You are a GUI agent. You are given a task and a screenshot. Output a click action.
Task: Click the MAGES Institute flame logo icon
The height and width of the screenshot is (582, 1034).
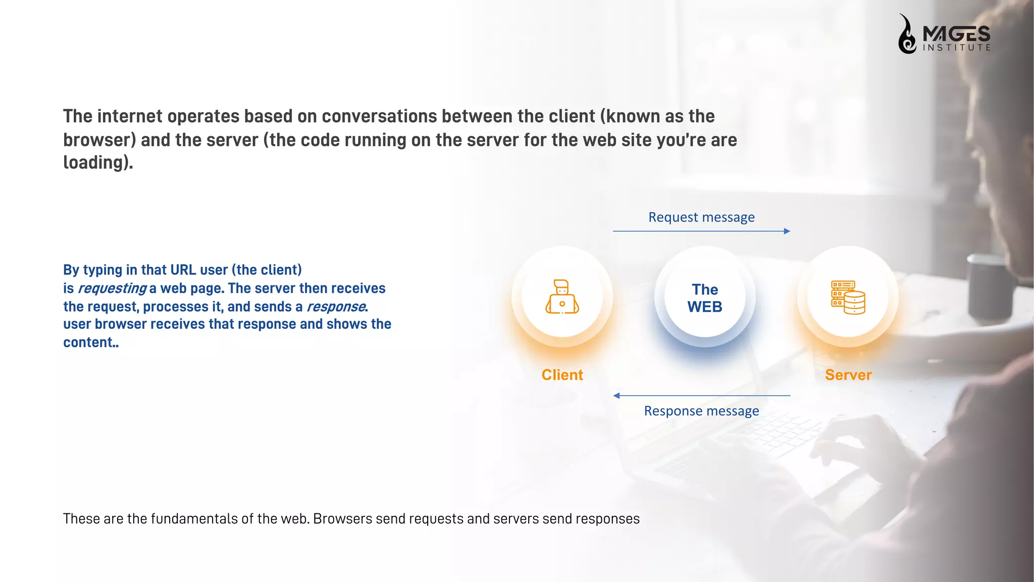point(907,34)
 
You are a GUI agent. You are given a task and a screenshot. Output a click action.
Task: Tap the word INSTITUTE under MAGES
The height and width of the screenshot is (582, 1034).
point(956,48)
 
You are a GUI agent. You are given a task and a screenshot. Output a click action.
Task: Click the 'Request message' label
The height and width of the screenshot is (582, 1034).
point(701,217)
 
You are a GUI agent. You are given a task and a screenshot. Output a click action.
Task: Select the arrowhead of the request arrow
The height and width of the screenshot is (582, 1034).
point(787,231)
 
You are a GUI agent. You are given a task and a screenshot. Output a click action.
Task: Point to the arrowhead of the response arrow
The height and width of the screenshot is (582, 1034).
point(616,396)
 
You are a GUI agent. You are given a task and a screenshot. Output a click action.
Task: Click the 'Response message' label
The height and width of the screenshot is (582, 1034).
point(701,411)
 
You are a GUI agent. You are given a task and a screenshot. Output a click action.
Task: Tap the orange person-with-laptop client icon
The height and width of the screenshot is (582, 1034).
point(562,297)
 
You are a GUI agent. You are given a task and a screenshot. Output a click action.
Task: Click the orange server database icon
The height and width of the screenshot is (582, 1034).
point(848,298)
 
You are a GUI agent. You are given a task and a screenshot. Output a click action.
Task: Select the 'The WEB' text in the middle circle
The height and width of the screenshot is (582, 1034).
point(705,298)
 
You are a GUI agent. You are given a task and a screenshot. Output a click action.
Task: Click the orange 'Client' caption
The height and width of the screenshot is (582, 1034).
point(562,375)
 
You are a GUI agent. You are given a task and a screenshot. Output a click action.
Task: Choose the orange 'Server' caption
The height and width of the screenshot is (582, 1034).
point(848,375)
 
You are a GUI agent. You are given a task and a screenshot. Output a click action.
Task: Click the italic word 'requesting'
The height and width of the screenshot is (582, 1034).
point(112,288)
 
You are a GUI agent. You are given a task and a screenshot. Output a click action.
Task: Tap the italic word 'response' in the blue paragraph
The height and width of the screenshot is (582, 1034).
point(336,307)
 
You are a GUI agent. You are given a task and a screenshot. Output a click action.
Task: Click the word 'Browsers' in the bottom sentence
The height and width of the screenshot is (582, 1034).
point(343,519)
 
